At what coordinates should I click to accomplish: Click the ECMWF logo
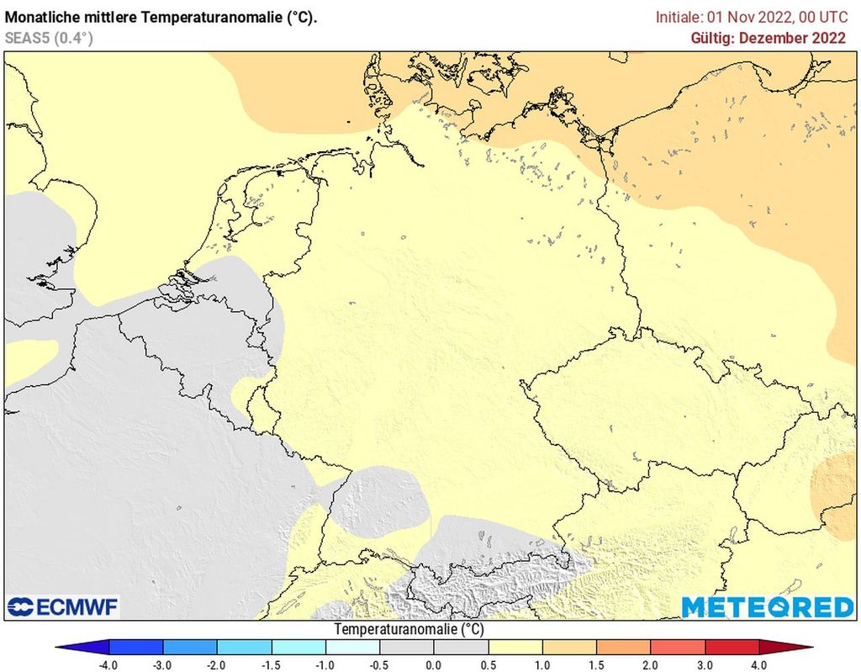pyautogui.click(x=63, y=606)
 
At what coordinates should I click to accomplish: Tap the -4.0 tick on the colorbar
pyautogui.click(x=108, y=664)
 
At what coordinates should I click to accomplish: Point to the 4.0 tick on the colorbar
pyautogui.click(x=759, y=664)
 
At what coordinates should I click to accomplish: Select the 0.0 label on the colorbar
pyautogui.click(x=434, y=664)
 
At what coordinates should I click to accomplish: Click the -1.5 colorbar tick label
pyautogui.click(x=271, y=664)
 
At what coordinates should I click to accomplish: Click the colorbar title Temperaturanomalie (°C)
pyautogui.click(x=409, y=629)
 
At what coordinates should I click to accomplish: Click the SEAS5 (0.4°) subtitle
pyautogui.click(x=49, y=38)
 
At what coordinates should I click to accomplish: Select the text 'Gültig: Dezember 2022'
pyautogui.click(x=768, y=38)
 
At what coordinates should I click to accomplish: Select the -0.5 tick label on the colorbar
pyautogui.click(x=379, y=664)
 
